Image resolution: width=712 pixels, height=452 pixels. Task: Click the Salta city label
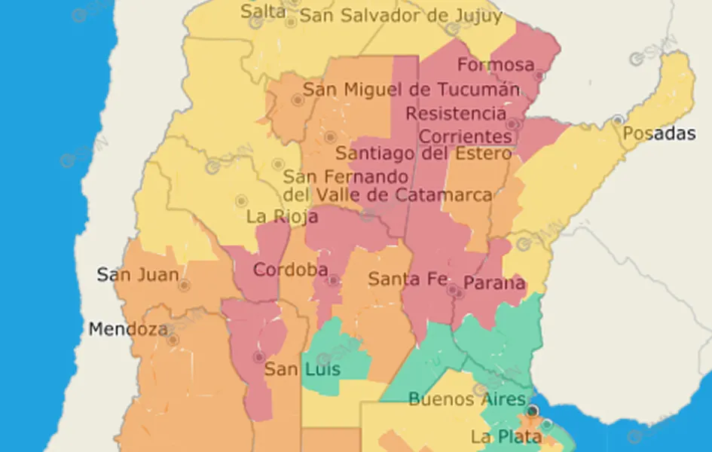[264, 11]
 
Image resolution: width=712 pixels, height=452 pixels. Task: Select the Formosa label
[495, 65]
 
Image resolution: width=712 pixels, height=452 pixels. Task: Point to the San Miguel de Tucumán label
[405, 90]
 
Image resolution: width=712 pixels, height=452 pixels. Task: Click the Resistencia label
[456, 114]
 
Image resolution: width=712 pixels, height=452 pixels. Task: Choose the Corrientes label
[466, 136]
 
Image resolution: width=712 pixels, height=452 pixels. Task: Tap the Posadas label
[659, 134]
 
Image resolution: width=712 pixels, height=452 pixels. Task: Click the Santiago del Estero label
[423, 154]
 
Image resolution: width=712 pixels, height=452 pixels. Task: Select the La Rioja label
[283, 217]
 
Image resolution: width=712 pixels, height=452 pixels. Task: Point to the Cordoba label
[290, 270]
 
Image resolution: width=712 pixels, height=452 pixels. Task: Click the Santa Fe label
[408, 279]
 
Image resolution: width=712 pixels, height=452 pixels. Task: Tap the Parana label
[494, 283]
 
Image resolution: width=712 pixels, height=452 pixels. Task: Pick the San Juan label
[138, 274]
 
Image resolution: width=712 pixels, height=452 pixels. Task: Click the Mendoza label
[128, 329]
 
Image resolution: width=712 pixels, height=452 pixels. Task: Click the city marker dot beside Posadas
[618, 120]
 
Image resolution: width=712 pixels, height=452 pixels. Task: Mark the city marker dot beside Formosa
[539, 75]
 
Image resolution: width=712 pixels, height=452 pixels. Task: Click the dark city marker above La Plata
[533, 411]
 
